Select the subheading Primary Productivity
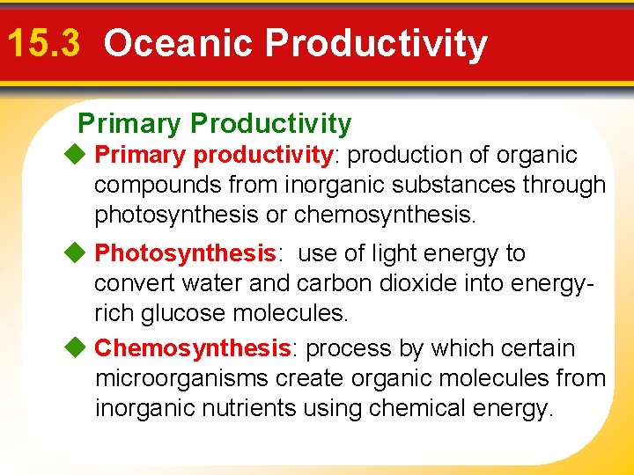214,124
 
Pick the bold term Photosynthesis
186,253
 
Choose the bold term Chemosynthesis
193,348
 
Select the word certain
538,348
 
